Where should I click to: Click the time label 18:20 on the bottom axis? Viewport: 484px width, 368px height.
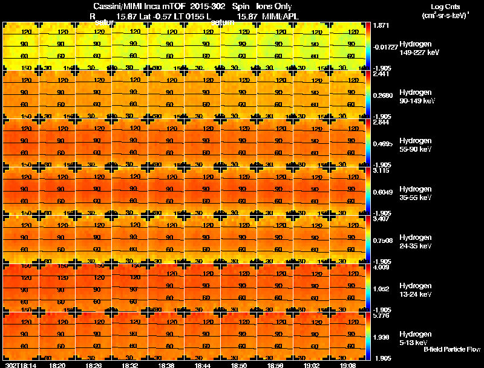[x=57, y=365]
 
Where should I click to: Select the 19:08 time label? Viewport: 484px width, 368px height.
[x=348, y=365]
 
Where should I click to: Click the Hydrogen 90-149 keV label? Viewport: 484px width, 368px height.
[x=419, y=97]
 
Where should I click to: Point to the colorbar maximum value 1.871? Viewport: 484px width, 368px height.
[x=382, y=26]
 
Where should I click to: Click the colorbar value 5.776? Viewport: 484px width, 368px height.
[x=382, y=316]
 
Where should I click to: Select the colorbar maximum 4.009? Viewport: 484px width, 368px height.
[x=382, y=267]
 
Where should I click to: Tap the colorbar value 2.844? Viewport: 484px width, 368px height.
[x=382, y=122]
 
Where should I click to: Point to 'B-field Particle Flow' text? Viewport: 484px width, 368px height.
[x=451, y=349]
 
